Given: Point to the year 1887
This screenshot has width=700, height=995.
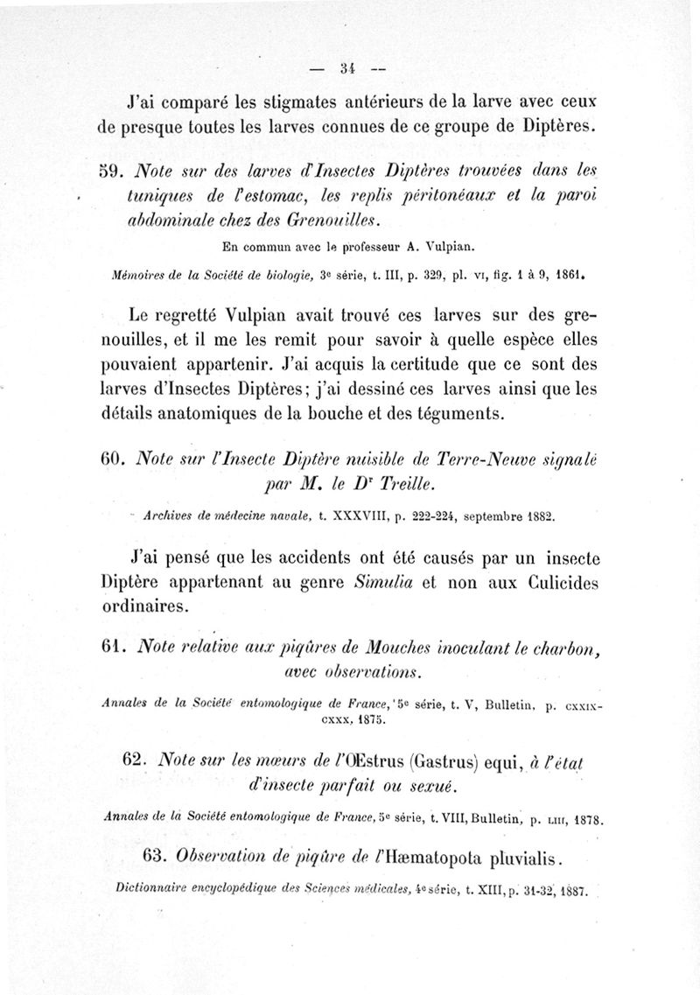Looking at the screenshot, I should coord(571,893).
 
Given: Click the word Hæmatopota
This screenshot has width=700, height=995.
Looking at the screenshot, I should coord(419,853).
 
